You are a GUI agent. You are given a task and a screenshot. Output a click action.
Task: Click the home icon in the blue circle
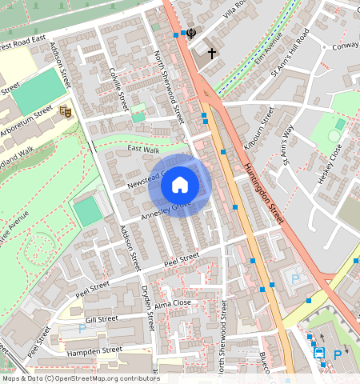click(180, 185)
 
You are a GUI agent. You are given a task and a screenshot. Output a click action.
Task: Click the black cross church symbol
click(212, 54)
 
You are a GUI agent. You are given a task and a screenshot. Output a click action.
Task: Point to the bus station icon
click(318, 352)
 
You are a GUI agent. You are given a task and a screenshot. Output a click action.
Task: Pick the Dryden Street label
click(146, 307)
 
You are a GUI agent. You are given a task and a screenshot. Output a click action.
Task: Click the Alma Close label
click(172, 303)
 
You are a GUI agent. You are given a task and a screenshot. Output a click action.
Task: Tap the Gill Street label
click(102, 318)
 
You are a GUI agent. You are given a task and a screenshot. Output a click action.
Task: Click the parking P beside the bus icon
click(338, 354)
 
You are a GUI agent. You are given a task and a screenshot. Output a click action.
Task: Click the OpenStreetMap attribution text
click(80, 378)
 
